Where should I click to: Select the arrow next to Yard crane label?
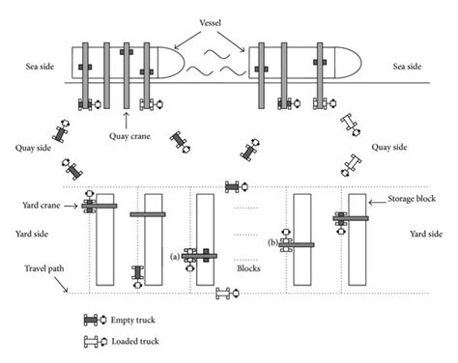point(73,205)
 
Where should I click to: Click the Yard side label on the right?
point(426,234)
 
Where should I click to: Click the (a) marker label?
point(174,256)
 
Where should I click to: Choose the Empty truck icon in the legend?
point(94,319)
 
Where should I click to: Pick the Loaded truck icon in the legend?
point(94,340)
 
